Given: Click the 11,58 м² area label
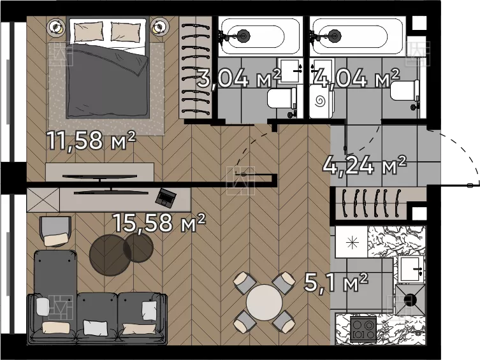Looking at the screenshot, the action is coord(91,140).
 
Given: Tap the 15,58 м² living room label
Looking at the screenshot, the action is coord(159,222).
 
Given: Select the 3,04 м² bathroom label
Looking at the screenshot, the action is coord(239,78).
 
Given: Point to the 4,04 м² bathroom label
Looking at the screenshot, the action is coord(356,78).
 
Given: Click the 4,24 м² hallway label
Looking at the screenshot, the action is coord(365,165).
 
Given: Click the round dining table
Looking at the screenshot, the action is coord(264,302).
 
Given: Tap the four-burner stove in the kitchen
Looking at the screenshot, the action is coord(363,329).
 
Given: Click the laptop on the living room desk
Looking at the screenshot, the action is coord(166,197).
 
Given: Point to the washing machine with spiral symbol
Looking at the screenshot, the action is coord(321,101).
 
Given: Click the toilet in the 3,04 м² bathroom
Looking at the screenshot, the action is coord(282,98).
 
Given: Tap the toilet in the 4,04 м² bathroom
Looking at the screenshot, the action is coord(404,90).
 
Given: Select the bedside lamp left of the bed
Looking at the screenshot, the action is coord(56,27).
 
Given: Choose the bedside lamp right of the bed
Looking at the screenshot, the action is coord(159,27).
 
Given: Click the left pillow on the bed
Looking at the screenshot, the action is coord(89,31).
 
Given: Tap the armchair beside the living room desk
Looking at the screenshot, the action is coord(55,231).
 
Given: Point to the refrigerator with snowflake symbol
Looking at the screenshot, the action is coord(351,242).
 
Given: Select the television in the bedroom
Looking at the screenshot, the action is coord(100,176).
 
